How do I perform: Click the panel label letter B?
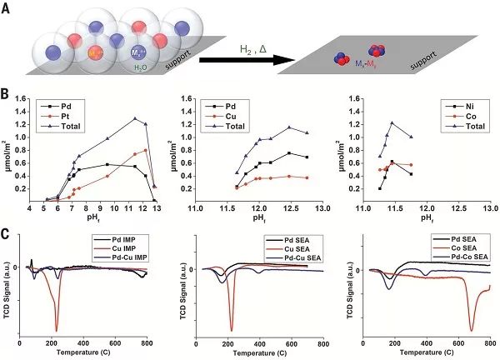tap(7, 97)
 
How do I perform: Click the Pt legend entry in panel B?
tap(75, 117)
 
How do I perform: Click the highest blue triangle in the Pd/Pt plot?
tap(135, 118)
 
